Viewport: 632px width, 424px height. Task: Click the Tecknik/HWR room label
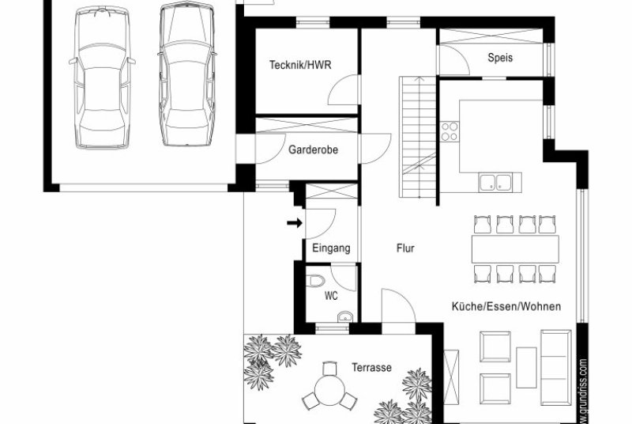click(300, 65)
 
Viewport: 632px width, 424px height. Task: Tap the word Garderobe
click(313, 150)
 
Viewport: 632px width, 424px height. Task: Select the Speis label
click(500, 57)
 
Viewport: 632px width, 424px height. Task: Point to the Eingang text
click(331, 248)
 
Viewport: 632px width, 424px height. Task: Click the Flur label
click(405, 248)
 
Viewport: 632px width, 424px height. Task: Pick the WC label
click(331, 296)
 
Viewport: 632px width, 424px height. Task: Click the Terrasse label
click(371, 368)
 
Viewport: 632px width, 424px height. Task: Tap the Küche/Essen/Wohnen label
click(506, 307)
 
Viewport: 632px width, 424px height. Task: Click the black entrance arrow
click(295, 223)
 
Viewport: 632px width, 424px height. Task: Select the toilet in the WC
click(315, 281)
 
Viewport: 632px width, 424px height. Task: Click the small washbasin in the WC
click(345, 316)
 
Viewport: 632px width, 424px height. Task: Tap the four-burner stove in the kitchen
click(450, 131)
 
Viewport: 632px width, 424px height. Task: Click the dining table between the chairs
click(515, 249)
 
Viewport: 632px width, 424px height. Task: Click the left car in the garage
click(103, 78)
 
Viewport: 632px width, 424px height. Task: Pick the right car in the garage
click(186, 74)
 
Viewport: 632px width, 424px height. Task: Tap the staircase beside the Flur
click(418, 137)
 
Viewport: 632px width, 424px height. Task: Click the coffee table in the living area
click(526, 368)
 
